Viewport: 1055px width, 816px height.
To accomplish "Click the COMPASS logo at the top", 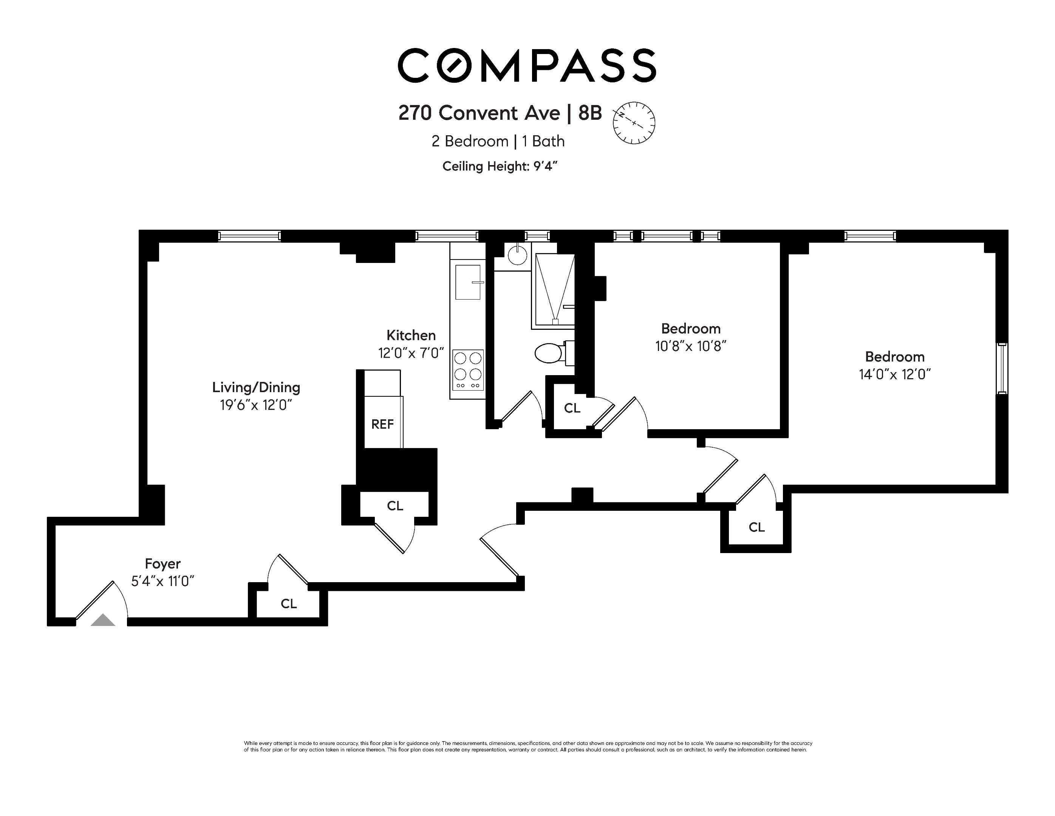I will click(526, 65).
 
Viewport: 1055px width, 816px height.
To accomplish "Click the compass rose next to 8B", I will click(633, 123).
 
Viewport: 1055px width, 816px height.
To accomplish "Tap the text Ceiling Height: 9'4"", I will click(500, 166).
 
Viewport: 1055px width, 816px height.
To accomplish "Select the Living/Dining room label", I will click(256, 387).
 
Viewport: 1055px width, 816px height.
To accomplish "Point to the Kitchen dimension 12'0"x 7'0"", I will click(411, 353).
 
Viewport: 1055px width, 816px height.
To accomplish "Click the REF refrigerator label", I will click(382, 424).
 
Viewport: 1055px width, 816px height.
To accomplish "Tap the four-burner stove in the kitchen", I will click(467, 370).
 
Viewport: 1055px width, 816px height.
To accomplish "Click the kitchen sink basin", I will click(467, 282).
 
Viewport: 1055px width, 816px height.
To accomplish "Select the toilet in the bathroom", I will click(551, 353).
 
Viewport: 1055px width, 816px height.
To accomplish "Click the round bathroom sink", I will click(517, 255).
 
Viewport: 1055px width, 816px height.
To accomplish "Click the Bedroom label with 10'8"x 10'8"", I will click(690, 329).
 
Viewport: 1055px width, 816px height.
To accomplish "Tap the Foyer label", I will click(163, 564).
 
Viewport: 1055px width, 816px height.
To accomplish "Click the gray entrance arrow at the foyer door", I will click(103, 620).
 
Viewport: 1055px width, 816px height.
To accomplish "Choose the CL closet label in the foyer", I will click(288, 604).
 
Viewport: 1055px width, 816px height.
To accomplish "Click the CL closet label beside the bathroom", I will click(572, 408).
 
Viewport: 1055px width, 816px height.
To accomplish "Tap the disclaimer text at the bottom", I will click(527, 746).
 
